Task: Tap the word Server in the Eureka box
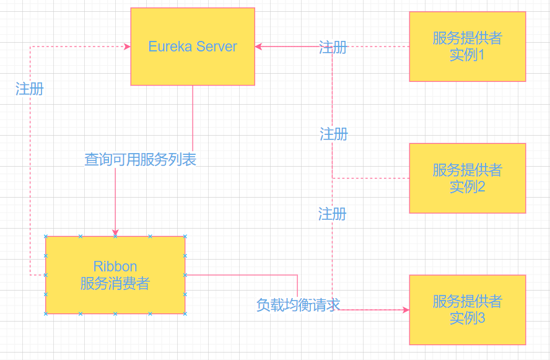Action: coord(217,46)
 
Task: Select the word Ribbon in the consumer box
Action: coord(115,266)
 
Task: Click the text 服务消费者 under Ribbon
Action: coord(115,284)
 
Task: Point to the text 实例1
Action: coord(467,55)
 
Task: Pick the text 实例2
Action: coord(467,187)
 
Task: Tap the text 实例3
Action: coord(467,318)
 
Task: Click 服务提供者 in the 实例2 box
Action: coord(467,170)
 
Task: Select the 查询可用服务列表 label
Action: coord(141,160)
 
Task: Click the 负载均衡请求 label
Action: coord(298,305)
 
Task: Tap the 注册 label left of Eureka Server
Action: coord(30,89)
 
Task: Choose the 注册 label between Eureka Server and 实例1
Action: coord(333,47)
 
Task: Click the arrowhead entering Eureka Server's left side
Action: coord(127,46)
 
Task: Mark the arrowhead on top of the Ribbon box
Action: coord(115,232)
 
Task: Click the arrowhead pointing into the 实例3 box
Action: coord(406,310)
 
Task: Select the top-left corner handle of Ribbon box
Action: coord(46,236)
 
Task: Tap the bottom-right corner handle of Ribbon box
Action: coord(185,314)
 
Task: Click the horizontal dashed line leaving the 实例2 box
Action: coord(372,178)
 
